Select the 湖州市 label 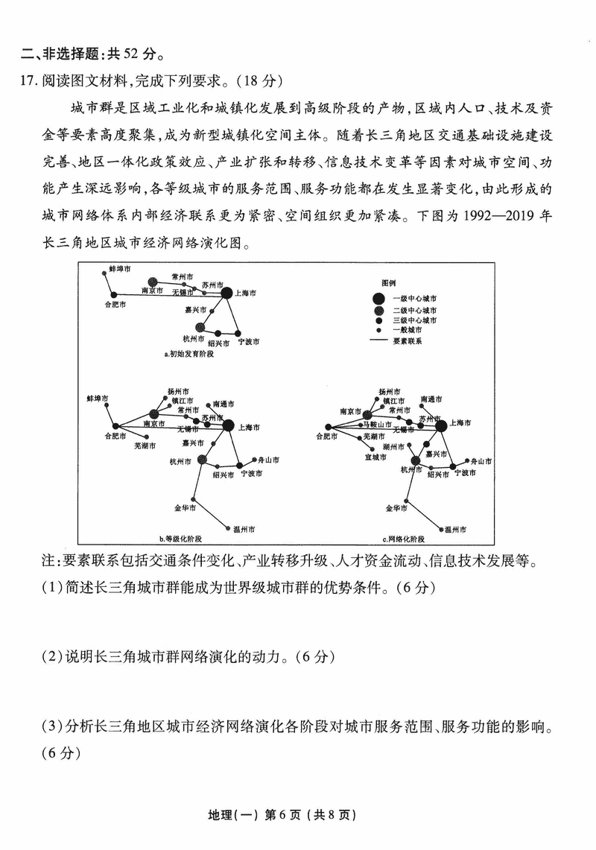click(x=393, y=445)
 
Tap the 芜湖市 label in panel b click(x=145, y=445)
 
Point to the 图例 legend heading click(x=388, y=285)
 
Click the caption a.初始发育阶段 click(x=188, y=354)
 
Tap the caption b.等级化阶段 click(x=180, y=538)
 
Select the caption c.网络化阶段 click(x=403, y=538)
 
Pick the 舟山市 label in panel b click(x=265, y=460)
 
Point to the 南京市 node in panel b click(x=153, y=414)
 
